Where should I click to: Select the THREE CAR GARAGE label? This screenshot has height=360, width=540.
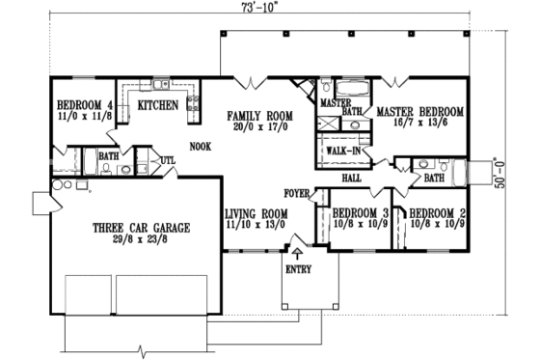click(141, 228)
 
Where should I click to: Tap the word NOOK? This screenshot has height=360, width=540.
click(201, 148)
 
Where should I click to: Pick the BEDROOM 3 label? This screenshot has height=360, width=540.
click(360, 213)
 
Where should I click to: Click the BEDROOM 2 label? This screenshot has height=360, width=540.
click(435, 213)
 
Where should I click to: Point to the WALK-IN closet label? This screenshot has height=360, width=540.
click(342, 151)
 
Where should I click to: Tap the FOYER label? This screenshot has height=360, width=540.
click(296, 193)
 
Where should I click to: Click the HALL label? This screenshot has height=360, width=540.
click(351, 179)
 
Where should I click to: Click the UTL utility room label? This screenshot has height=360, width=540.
click(166, 161)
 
